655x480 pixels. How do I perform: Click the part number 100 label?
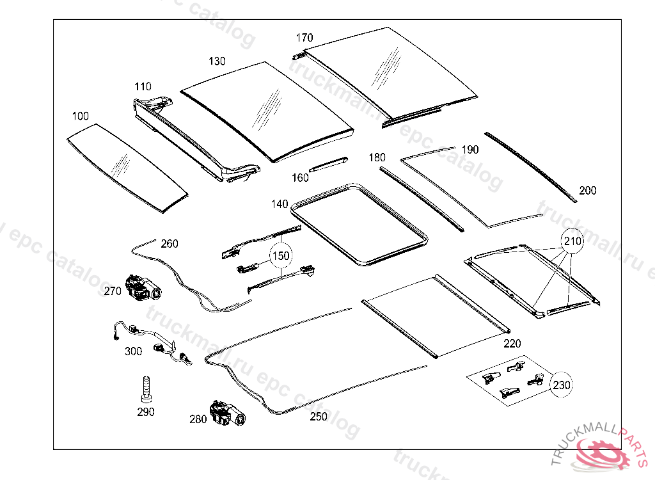pyautogui.click(x=81, y=116)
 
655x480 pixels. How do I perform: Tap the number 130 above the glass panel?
pyautogui.click(x=217, y=61)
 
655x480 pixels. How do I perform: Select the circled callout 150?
pyautogui.click(x=280, y=256)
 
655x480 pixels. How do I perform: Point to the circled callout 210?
pyautogui.click(x=572, y=242)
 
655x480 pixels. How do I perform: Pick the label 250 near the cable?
pyautogui.click(x=318, y=417)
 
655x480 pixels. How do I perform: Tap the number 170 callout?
pyautogui.click(x=304, y=38)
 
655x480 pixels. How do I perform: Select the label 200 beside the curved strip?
pyautogui.click(x=587, y=191)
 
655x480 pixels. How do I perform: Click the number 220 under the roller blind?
pyautogui.click(x=512, y=344)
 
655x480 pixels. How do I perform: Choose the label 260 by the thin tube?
pyautogui.click(x=170, y=244)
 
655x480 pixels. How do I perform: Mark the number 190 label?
pyautogui.click(x=470, y=150)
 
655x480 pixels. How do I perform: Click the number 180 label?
pyautogui.click(x=377, y=157)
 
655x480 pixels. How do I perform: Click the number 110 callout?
pyautogui.click(x=143, y=86)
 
